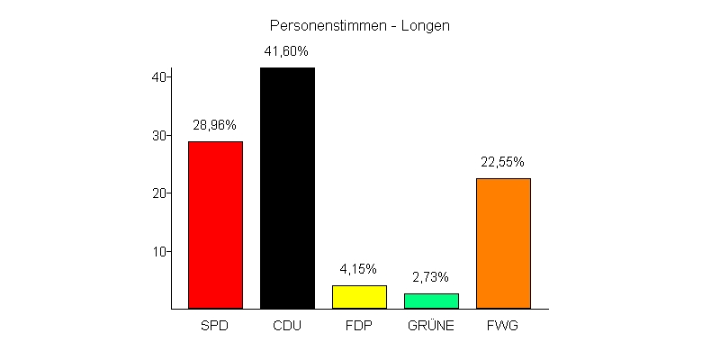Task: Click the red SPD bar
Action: tap(215, 225)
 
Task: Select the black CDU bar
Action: tap(287, 188)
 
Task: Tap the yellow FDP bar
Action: tap(359, 297)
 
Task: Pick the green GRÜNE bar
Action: tap(431, 301)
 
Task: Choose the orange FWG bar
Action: tap(503, 243)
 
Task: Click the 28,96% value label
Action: tap(215, 125)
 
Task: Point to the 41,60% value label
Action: tap(287, 51)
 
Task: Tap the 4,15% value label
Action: tap(359, 269)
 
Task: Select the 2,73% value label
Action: tap(431, 277)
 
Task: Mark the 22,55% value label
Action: tap(503, 162)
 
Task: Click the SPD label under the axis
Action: tap(215, 326)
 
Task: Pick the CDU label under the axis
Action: tap(287, 326)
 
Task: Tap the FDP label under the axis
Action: tap(359, 326)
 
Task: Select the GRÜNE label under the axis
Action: tap(431, 326)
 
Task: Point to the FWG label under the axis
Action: tap(503, 326)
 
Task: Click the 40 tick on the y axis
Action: tap(159, 77)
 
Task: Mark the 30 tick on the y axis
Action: tap(159, 135)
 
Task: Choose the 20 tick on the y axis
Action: tap(159, 193)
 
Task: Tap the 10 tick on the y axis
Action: tap(159, 251)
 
